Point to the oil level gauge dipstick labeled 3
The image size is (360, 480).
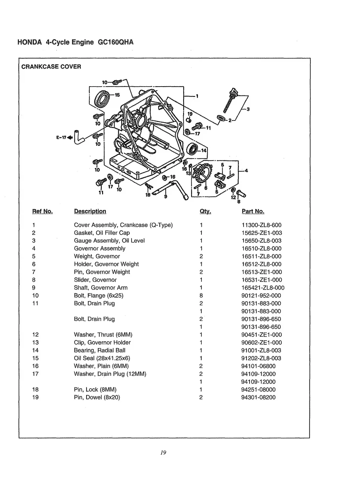click(229, 100)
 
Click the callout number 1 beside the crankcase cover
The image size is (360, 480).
click(197, 96)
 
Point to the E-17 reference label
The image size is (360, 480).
click(62, 138)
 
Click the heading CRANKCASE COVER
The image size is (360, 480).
click(51, 67)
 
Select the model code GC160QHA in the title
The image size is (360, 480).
click(115, 42)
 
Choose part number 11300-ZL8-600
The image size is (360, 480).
click(261, 225)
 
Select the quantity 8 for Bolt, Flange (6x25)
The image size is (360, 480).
click(201, 296)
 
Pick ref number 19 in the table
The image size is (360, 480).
click(35, 397)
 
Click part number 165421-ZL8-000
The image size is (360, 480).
click(263, 288)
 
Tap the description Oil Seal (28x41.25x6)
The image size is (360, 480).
click(102, 358)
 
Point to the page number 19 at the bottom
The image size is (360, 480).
click(163, 453)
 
